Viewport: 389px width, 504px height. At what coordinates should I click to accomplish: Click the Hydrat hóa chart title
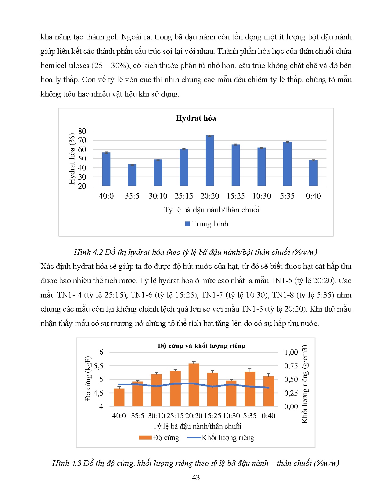pos(196,118)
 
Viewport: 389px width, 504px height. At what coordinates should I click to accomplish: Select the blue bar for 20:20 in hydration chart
pos(210,161)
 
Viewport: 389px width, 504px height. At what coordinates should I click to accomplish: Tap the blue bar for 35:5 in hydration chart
pos(132,175)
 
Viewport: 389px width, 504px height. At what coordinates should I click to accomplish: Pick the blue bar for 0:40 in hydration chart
pos(313,173)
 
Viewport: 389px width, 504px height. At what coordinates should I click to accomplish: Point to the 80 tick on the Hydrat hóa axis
pos(82,131)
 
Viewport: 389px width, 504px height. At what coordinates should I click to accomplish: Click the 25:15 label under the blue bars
pos(184,196)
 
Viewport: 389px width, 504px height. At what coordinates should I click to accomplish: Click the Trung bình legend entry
pos(207,224)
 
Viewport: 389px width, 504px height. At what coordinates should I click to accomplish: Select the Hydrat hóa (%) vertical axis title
pos(72,159)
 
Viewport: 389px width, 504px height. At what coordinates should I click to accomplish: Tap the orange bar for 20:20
pos(194,385)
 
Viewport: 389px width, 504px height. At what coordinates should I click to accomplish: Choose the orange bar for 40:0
pos(119,397)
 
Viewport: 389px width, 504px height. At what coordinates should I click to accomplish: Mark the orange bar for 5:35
pos(250,389)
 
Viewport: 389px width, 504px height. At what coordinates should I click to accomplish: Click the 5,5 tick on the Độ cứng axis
pos(98,366)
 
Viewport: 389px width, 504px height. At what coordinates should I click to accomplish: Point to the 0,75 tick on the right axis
pos(291,366)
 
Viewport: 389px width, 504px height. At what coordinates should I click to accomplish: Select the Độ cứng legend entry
pos(159,438)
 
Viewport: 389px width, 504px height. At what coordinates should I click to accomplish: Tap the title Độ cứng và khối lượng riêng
pos(201,346)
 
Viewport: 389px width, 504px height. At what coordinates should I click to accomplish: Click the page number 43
pos(196,477)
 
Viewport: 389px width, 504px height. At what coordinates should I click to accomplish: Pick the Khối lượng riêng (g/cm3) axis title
pos(305,384)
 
